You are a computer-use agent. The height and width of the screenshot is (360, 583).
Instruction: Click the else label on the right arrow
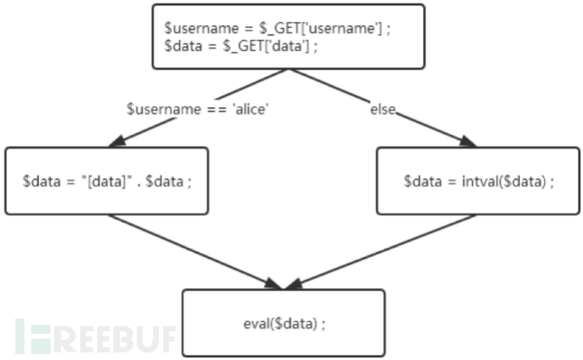tap(383, 110)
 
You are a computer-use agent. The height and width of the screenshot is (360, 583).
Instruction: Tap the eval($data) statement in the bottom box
tap(284, 323)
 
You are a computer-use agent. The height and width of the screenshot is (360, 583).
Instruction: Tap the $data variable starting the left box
tap(39, 182)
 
